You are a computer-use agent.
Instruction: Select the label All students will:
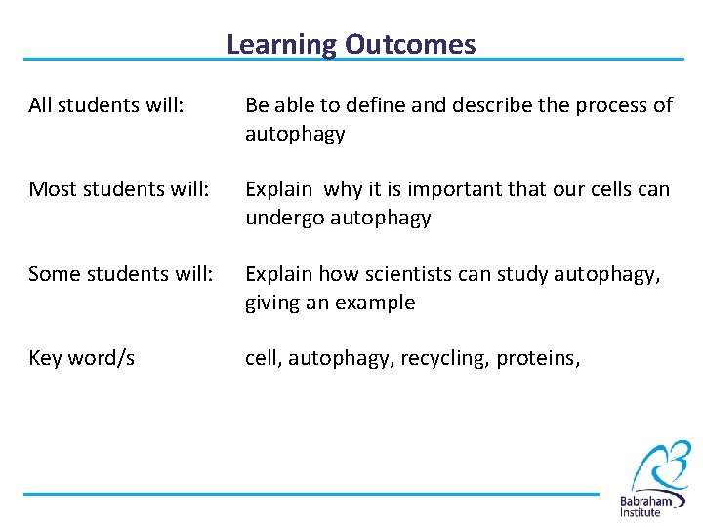coord(106,105)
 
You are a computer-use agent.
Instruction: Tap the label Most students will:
coord(119,189)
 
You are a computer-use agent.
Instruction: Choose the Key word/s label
coord(82,358)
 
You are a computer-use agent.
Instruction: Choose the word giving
coord(272,303)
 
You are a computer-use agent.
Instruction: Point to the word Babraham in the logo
coord(652,501)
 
